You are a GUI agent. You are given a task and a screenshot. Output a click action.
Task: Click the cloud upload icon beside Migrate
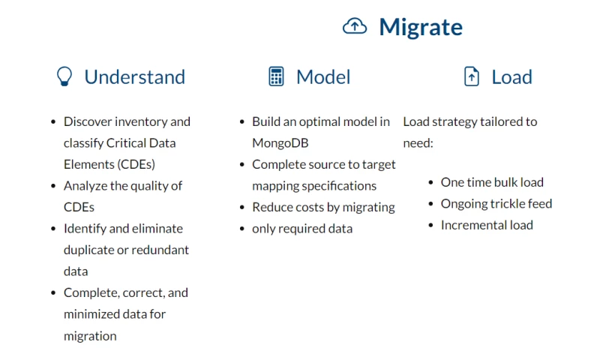point(355,26)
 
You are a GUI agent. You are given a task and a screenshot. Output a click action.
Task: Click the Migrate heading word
point(420,27)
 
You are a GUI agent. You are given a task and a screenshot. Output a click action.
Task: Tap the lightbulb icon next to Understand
point(65,76)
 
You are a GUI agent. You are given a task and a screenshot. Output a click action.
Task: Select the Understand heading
point(134,76)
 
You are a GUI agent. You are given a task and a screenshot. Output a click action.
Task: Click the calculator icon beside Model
point(277,76)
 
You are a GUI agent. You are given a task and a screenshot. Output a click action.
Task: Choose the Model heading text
point(323,76)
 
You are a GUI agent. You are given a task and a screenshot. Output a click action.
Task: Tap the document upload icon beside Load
point(472,76)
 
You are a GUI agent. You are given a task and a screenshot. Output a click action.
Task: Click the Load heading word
point(511,76)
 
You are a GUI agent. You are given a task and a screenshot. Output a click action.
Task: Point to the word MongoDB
point(280,142)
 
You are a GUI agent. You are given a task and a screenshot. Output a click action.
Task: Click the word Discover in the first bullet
point(88,121)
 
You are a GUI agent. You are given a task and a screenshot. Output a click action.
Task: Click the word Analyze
point(87,185)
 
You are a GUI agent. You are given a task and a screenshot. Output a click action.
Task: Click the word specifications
point(339,185)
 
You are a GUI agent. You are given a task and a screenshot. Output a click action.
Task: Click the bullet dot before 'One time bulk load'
point(431,182)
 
